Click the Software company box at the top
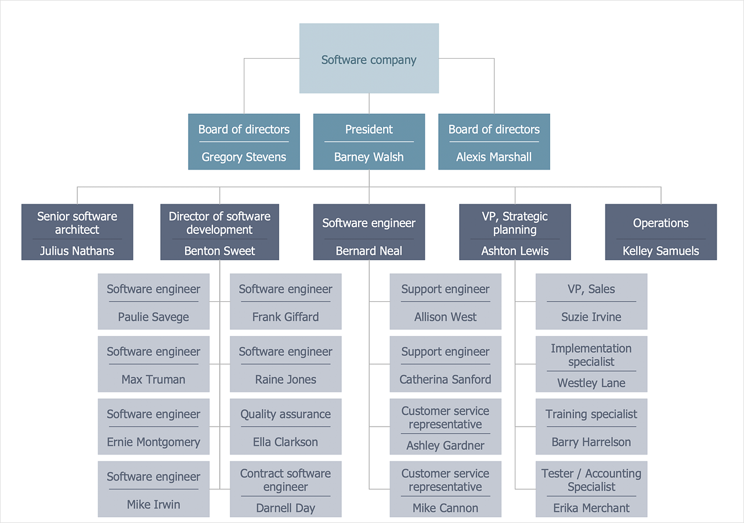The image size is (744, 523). [369, 59]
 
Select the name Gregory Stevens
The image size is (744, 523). [244, 157]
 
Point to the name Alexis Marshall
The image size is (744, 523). [494, 157]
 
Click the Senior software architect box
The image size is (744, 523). [77, 232]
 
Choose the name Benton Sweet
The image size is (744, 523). [219, 251]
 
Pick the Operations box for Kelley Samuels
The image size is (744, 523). [660, 232]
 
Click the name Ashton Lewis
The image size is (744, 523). [515, 251]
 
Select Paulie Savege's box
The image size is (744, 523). [153, 302]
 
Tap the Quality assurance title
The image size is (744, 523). [286, 414]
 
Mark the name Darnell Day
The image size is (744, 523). [286, 508]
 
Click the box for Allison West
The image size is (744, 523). [445, 302]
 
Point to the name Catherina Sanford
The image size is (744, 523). [445, 380]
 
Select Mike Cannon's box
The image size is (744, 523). [445, 489]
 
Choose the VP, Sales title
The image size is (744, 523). [591, 289]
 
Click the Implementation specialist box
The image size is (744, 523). [591, 364]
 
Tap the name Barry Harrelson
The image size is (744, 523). [591, 442]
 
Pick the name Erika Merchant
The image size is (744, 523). [591, 508]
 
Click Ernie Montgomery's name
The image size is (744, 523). [153, 442]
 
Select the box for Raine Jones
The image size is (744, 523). [286, 364]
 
